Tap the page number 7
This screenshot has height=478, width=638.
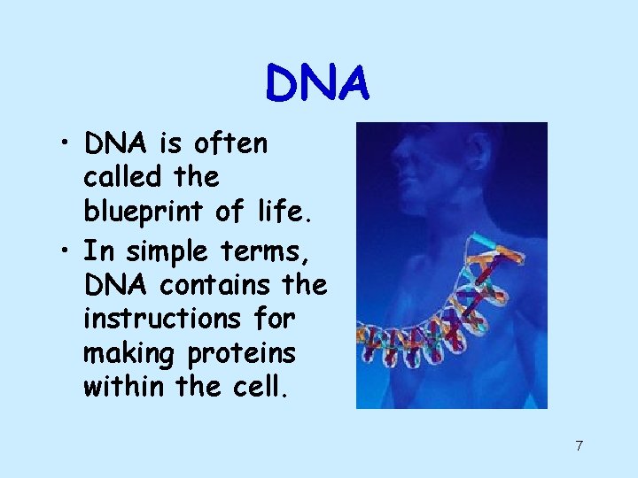tap(579, 445)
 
